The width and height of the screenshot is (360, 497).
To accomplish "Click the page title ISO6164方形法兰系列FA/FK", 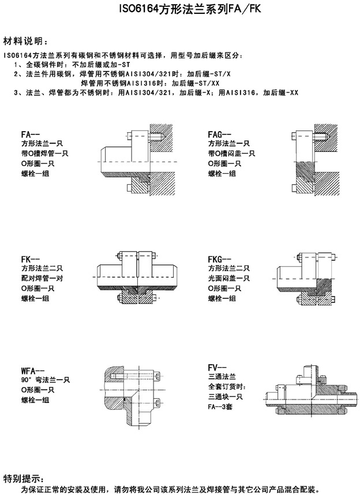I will pos(181,10).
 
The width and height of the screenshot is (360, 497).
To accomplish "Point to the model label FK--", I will pos(30,260).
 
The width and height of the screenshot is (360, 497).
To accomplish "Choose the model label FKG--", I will pos(219,260).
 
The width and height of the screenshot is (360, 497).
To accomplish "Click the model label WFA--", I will pos(32,371).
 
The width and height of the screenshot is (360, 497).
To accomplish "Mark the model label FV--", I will pos(217,367).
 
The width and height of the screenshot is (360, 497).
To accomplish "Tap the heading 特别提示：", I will pos(23,478).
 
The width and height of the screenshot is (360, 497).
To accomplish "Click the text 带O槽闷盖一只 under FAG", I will pos(229,154).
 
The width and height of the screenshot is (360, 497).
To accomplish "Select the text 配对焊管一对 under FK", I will pos(42,279).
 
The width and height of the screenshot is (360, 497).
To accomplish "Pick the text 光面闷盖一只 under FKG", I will pos(229,279).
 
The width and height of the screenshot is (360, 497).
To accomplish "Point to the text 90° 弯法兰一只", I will pos(46,380).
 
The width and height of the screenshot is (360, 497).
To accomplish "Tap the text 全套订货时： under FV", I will pos(227,386).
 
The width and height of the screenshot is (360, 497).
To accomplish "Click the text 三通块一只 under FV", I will pos(226,396).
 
